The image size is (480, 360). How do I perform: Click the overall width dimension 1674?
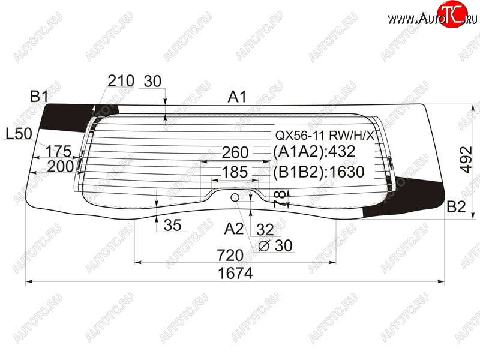[235, 273]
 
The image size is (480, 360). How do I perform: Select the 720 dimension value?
[230, 254]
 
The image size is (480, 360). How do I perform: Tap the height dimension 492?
[466, 160]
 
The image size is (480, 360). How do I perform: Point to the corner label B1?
[39, 97]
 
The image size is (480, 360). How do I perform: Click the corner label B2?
[456, 206]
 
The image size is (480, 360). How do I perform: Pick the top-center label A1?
[237, 97]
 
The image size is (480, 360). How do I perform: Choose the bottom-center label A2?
[234, 229]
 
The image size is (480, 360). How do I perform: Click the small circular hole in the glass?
[235, 197]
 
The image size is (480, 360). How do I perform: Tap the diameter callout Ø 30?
[275, 245]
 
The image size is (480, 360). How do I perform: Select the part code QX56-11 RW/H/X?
[325, 135]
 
